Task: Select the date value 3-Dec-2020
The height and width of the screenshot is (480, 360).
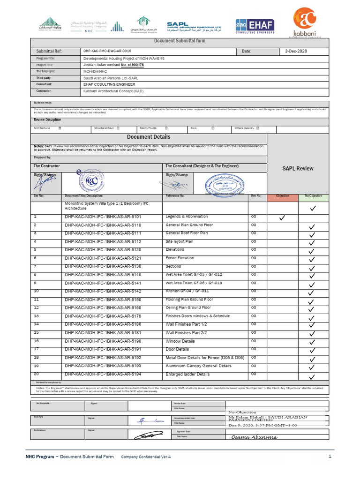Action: [x=296, y=51]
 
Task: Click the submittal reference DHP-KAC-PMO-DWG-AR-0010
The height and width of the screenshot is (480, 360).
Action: [x=107, y=51]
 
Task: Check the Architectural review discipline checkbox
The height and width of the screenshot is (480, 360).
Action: [x=60, y=127]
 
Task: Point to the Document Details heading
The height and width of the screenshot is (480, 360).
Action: [x=149, y=137]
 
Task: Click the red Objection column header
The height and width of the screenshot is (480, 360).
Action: [x=282, y=196]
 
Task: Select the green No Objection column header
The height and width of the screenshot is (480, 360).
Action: [x=313, y=196]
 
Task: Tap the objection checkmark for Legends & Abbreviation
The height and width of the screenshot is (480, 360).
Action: [x=282, y=218]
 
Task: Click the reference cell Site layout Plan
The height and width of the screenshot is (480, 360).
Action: [x=180, y=241]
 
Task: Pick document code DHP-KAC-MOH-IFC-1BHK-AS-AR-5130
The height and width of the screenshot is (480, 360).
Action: [x=103, y=266]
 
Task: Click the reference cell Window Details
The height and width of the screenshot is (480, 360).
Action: [x=180, y=341]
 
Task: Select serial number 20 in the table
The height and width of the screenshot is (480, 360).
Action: [x=37, y=374]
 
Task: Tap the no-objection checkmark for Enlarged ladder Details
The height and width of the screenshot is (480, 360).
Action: [x=312, y=377]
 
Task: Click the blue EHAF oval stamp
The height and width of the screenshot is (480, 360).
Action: [x=223, y=184]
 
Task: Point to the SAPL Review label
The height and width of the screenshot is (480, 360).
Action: [x=298, y=168]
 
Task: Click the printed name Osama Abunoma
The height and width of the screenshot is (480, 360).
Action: [x=254, y=437]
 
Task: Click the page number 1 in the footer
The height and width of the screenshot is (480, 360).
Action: [x=330, y=456]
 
